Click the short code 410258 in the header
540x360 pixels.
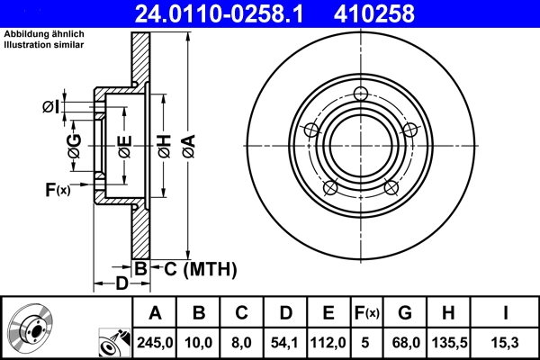click(x=401, y=13)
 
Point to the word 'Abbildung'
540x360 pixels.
click(x=26, y=33)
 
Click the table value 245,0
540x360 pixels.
click(x=154, y=340)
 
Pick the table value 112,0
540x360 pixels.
click(x=328, y=340)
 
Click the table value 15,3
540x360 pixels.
click(x=505, y=340)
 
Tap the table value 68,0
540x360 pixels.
click(x=405, y=340)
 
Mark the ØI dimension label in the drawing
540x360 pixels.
click(x=50, y=107)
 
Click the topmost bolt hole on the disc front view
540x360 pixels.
click(x=362, y=94)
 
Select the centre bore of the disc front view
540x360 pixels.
click(x=362, y=144)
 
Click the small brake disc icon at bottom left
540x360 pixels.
click(x=31, y=328)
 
